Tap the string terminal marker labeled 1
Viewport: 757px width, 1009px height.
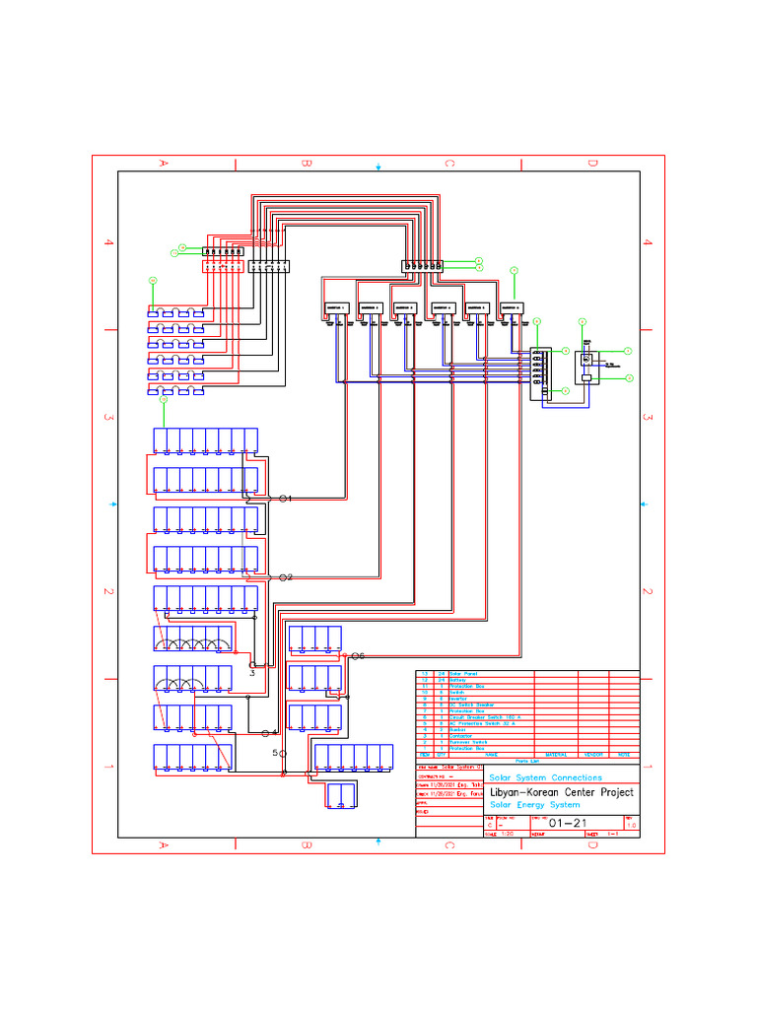click(284, 499)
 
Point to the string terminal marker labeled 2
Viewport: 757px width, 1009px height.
click(284, 576)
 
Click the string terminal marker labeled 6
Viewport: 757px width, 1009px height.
click(356, 655)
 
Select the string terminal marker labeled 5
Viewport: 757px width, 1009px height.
click(283, 753)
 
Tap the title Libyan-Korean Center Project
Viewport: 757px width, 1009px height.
click(561, 792)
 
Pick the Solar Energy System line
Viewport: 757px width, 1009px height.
click(534, 805)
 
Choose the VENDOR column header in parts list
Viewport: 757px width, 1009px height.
click(593, 754)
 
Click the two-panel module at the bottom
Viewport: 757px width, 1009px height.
click(341, 794)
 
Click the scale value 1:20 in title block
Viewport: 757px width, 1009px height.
click(508, 834)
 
